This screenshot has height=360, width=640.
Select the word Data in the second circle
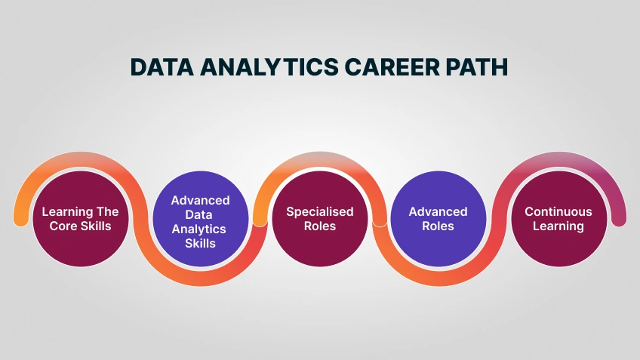point(200,214)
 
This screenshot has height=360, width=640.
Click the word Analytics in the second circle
point(200,229)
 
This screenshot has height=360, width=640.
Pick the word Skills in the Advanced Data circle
point(200,243)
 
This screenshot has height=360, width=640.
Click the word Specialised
point(319,211)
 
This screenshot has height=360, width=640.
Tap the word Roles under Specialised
point(319,226)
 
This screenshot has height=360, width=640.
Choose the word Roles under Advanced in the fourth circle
point(438,226)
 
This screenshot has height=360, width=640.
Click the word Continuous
point(558,211)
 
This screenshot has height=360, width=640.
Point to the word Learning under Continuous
point(558,226)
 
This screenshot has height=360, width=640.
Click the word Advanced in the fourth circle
point(438,211)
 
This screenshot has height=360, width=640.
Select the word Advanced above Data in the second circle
point(200,200)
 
